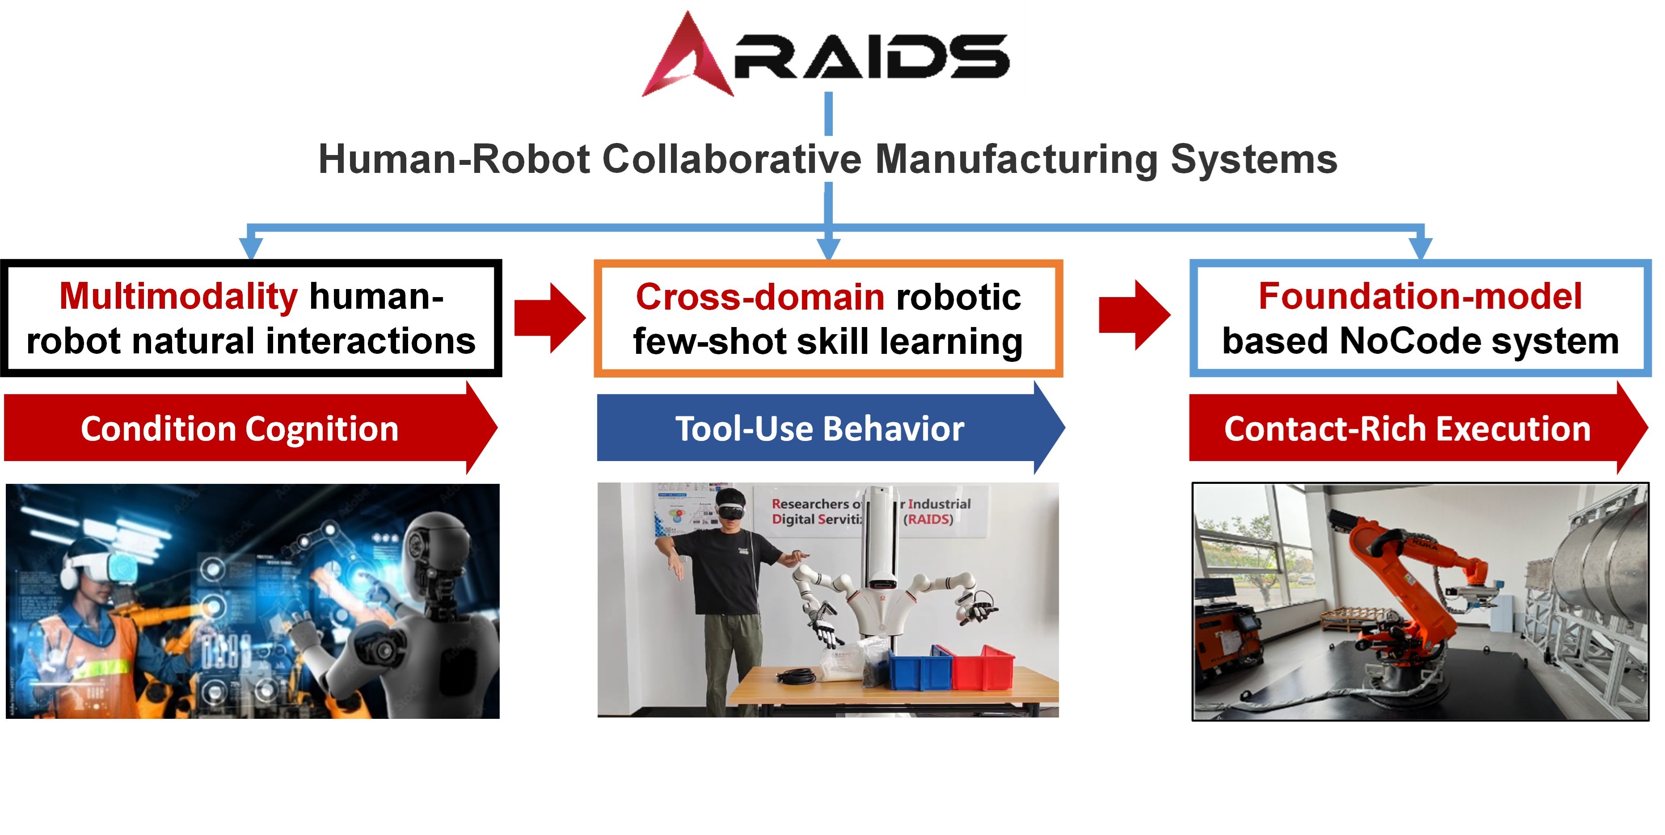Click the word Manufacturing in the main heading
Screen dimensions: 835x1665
[x=1016, y=159]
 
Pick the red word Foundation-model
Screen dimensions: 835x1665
[x=1420, y=297]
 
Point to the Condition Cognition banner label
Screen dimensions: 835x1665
[x=239, y=429]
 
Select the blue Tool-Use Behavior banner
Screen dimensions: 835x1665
[x=820, y=429]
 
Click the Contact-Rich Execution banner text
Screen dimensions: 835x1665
[x=1407, y=429]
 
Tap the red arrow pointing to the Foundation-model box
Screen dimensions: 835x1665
[x=1134, y=315]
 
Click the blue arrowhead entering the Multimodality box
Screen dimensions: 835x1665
[x=251, y=248]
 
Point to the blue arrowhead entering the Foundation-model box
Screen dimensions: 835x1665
[x=1420, y=248]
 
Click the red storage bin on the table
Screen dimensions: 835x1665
[x=982, y=667]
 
